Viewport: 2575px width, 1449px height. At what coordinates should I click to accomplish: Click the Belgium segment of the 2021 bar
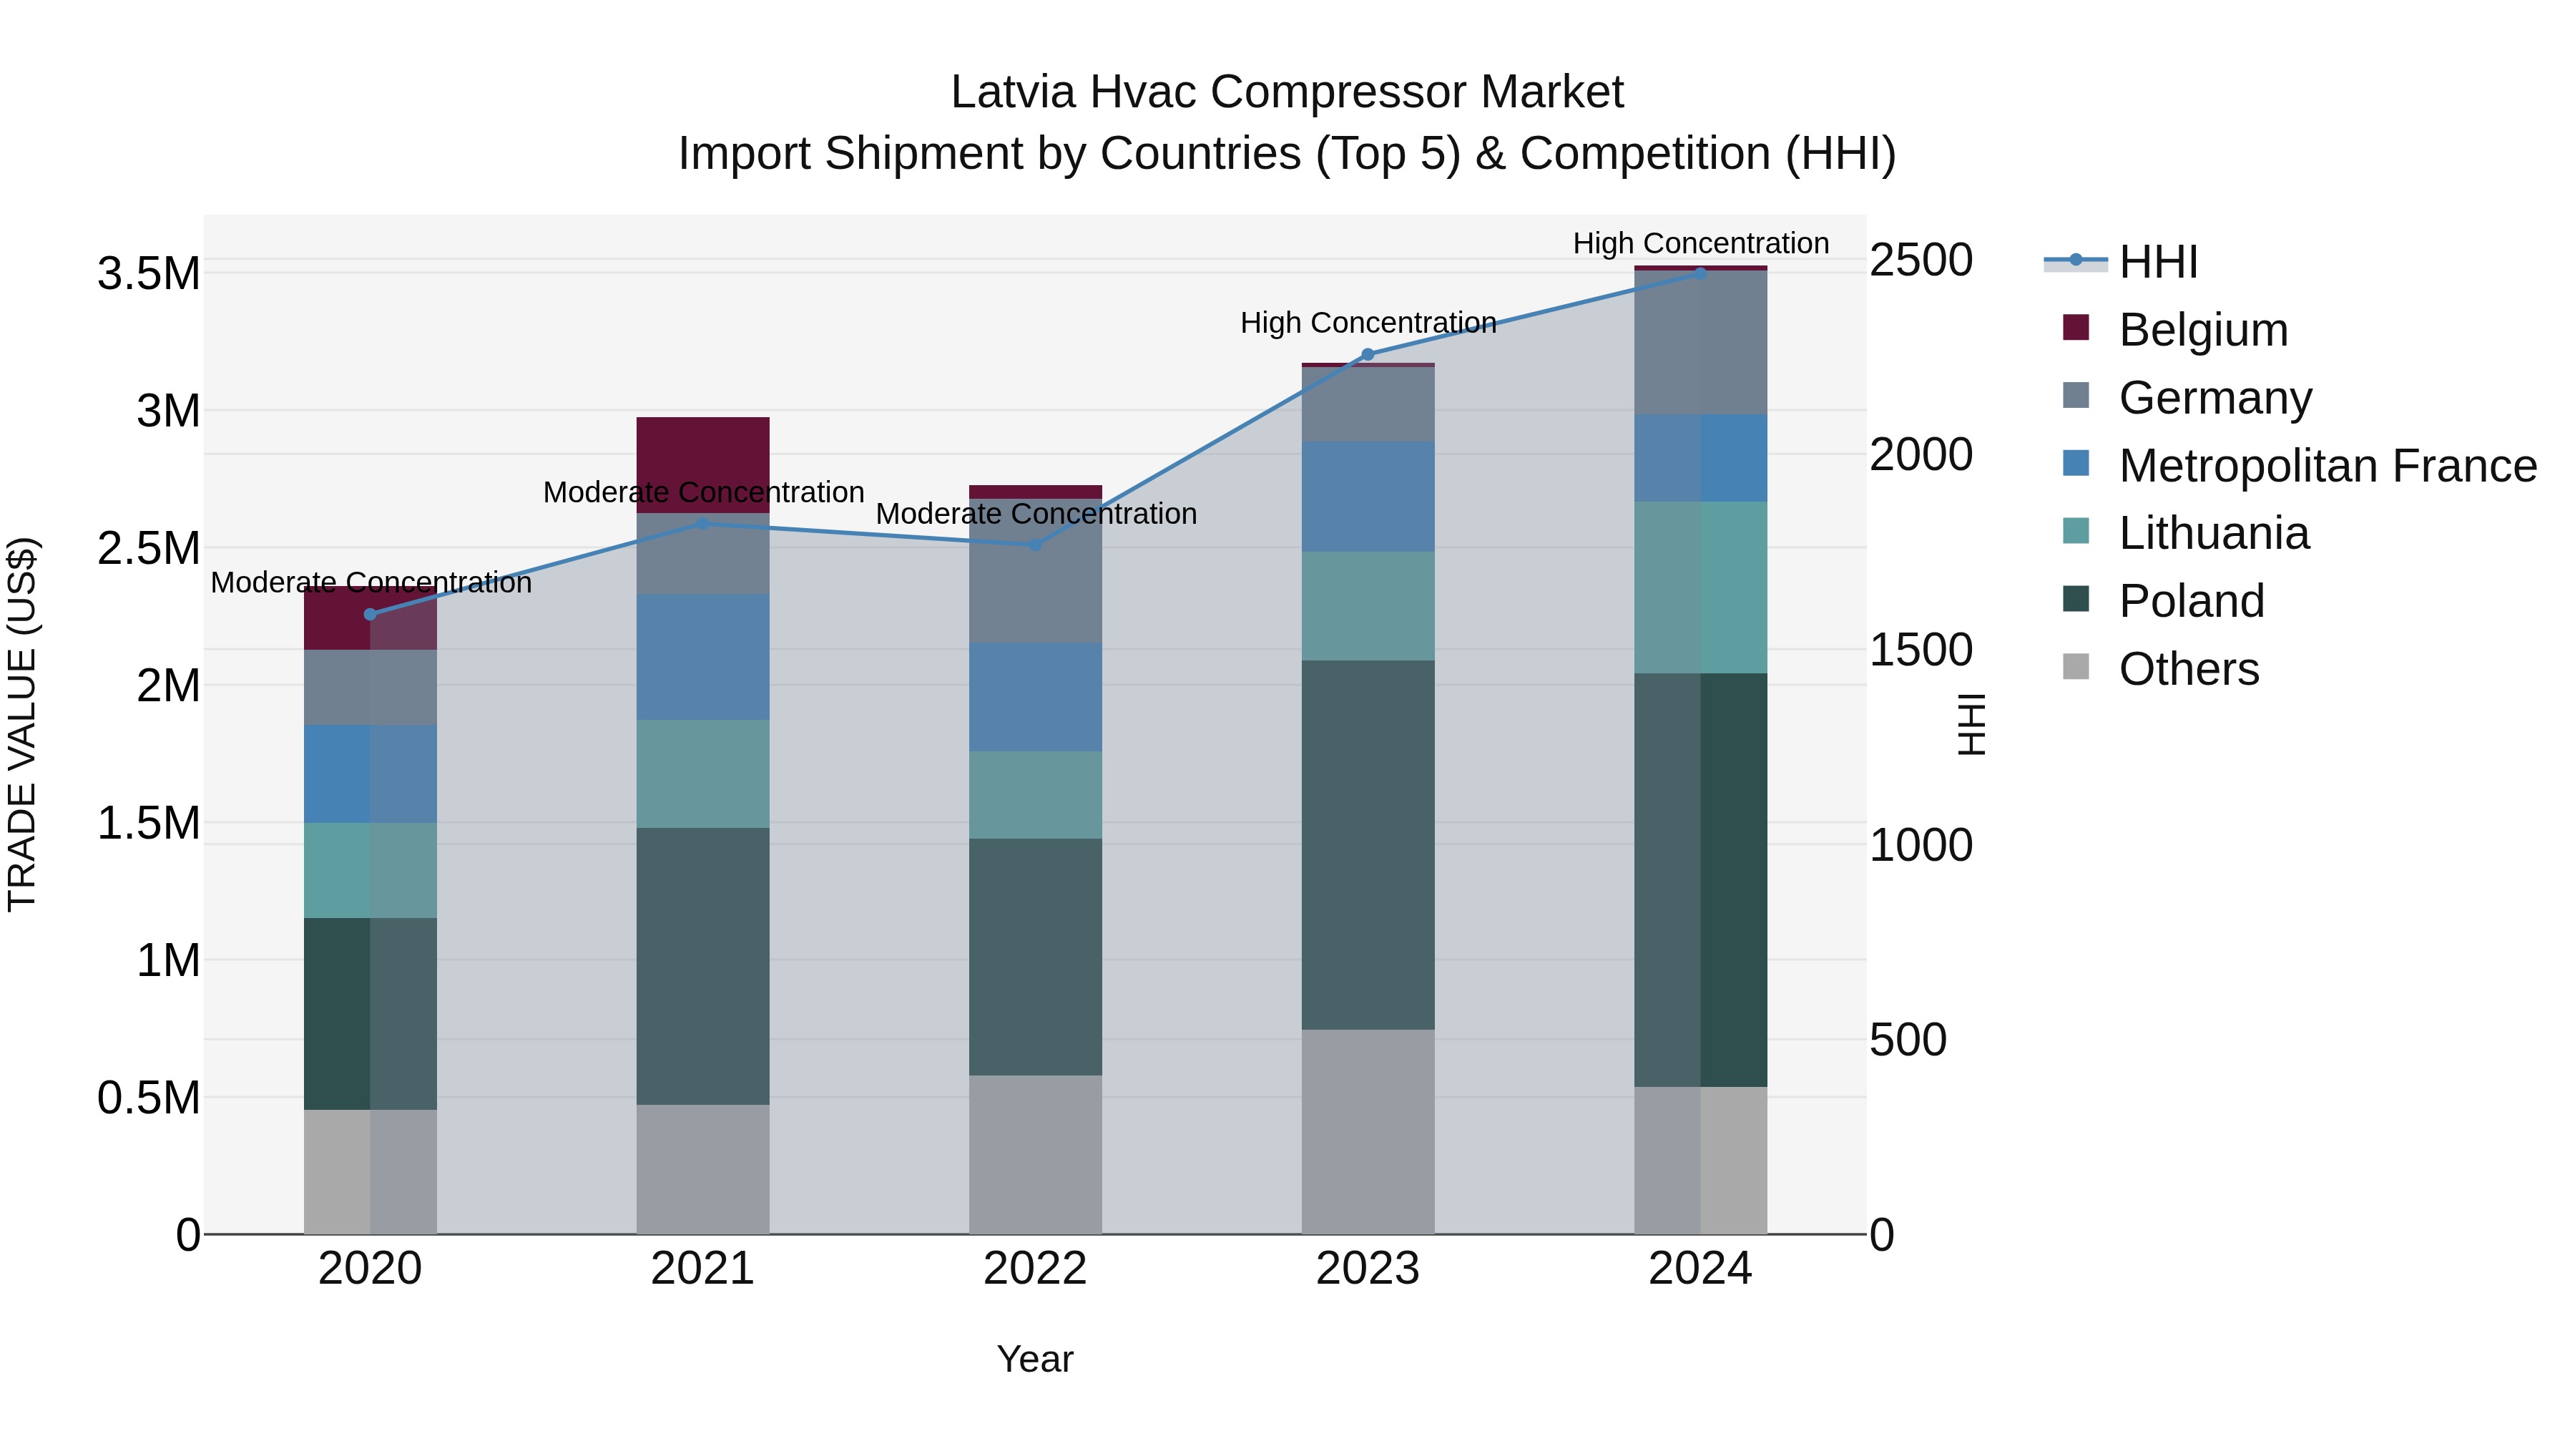click(x=702, y=464)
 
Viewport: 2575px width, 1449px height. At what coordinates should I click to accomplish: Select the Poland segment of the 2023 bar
click(x=1368, y=844)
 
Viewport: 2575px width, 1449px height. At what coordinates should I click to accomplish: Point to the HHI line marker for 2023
click(x=1368, y=354)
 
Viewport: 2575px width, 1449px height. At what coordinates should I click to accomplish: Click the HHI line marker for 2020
click(x=370, y=614)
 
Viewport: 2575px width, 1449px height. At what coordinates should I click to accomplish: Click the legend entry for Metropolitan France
click(x=2326, y=466)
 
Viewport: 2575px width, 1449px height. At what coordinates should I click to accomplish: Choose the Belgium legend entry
click(x=2202, y=330)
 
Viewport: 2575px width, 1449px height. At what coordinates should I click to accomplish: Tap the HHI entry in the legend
click(x=2157, y=262)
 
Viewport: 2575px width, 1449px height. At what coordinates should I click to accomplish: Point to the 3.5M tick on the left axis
click(x=148, y=274)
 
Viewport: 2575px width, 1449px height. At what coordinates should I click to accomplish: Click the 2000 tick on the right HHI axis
click(x=1921, y=455)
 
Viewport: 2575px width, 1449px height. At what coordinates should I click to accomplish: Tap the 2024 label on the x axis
click(x=1699, y=1269)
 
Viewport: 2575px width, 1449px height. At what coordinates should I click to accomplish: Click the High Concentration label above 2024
click(x=1699, y=243)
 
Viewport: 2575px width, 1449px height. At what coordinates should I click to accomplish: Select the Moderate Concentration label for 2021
click(x=702, y=492)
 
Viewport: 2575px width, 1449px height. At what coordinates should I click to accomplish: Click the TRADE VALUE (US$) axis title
click(x=22, y=724)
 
